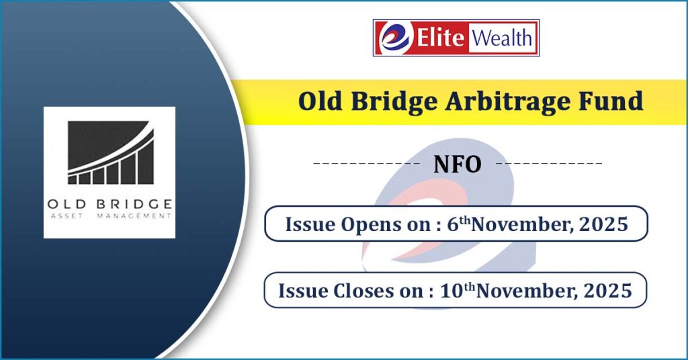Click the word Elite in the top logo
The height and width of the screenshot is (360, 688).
coord(440,37)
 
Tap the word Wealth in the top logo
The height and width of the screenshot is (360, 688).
coord(502,38)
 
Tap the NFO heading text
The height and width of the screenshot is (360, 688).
coord(457,164)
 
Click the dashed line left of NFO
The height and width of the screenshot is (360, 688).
coord(366,164)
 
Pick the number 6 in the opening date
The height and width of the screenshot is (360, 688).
coord(452,224)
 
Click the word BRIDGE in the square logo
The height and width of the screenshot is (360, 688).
coord(134,204)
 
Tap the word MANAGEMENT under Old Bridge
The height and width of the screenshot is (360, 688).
coord(134,216)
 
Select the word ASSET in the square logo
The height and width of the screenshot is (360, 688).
coord(67,216)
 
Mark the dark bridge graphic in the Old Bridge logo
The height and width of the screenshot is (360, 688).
coord(111,152)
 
